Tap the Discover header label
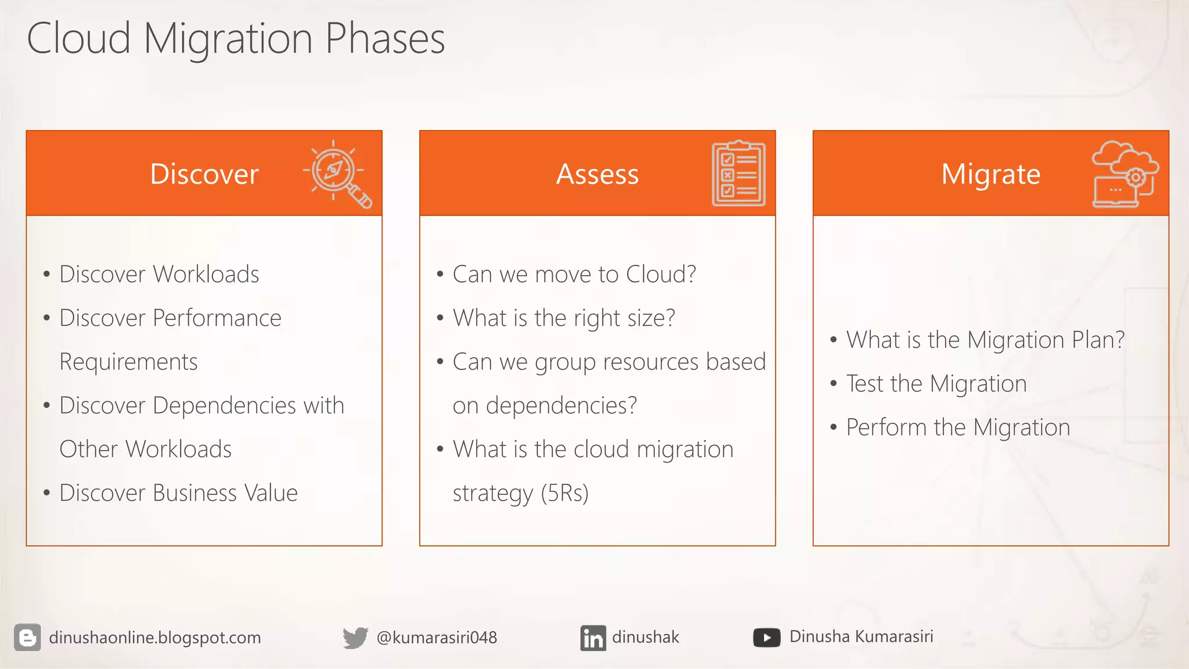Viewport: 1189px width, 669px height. (204, 174)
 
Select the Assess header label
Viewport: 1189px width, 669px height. (597, 174)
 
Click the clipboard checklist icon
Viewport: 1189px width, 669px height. (738, 174)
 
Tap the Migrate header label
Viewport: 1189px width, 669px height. (990, 174)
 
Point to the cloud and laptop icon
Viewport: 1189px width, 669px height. (1124, 174)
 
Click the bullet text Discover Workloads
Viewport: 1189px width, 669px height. (159, 274)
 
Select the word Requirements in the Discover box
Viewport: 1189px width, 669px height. (128, 362)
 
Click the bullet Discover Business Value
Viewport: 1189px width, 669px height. (178, 493)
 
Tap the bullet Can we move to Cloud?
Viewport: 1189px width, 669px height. (574, 274)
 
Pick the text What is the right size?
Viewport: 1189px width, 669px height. (564, 318)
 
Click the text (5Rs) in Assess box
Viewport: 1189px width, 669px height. (564, 493)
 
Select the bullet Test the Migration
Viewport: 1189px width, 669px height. (936, 384)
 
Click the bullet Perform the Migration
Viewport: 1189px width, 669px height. (957, 427)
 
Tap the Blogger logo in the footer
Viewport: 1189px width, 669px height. (27, 638)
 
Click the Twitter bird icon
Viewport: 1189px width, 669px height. (355, 638)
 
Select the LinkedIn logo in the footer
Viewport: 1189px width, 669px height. (593, 638)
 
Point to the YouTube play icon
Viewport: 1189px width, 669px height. (766, 638)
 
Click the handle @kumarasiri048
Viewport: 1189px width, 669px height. (437, 638)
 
